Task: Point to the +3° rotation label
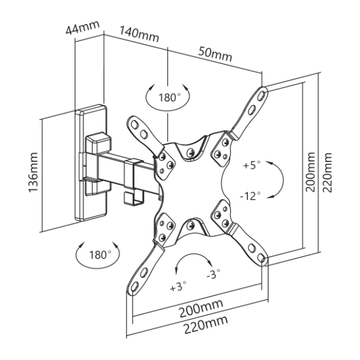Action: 178,286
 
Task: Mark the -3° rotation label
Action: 213,275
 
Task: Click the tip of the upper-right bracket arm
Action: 263,92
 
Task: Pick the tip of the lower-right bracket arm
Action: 263,259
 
